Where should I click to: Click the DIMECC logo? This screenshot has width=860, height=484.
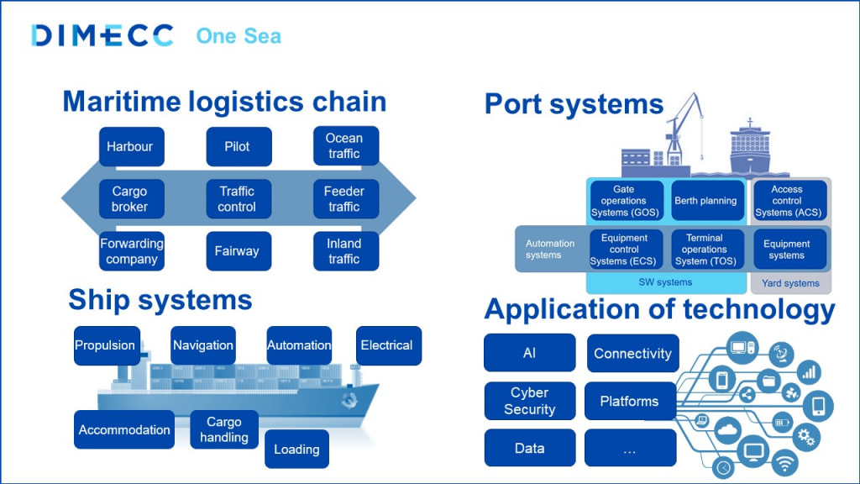[102, 35]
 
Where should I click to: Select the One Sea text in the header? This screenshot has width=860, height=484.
[239, 36]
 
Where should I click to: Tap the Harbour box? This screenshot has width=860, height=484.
[129, 146]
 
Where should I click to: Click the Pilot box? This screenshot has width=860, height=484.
[239, 146]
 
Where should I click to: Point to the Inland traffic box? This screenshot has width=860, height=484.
[345, 251]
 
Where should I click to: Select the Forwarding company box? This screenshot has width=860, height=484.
[130, 251]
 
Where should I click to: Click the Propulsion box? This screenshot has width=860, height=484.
[106, 345]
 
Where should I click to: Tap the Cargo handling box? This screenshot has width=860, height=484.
[224, 429]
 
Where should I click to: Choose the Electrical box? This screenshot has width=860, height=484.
[387, 345]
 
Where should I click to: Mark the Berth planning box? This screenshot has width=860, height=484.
[706, 201]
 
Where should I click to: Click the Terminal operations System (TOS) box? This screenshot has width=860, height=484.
[706, 250]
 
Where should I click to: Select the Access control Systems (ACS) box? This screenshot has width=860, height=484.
[788, 201]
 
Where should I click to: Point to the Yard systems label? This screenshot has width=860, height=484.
[789, 283]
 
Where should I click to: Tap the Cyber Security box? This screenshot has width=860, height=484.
[530, 402]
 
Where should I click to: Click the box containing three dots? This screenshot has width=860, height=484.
[630, 449]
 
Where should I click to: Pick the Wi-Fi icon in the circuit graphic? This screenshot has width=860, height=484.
[784, 461]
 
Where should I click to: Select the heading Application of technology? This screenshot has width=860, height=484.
[659, 310]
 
